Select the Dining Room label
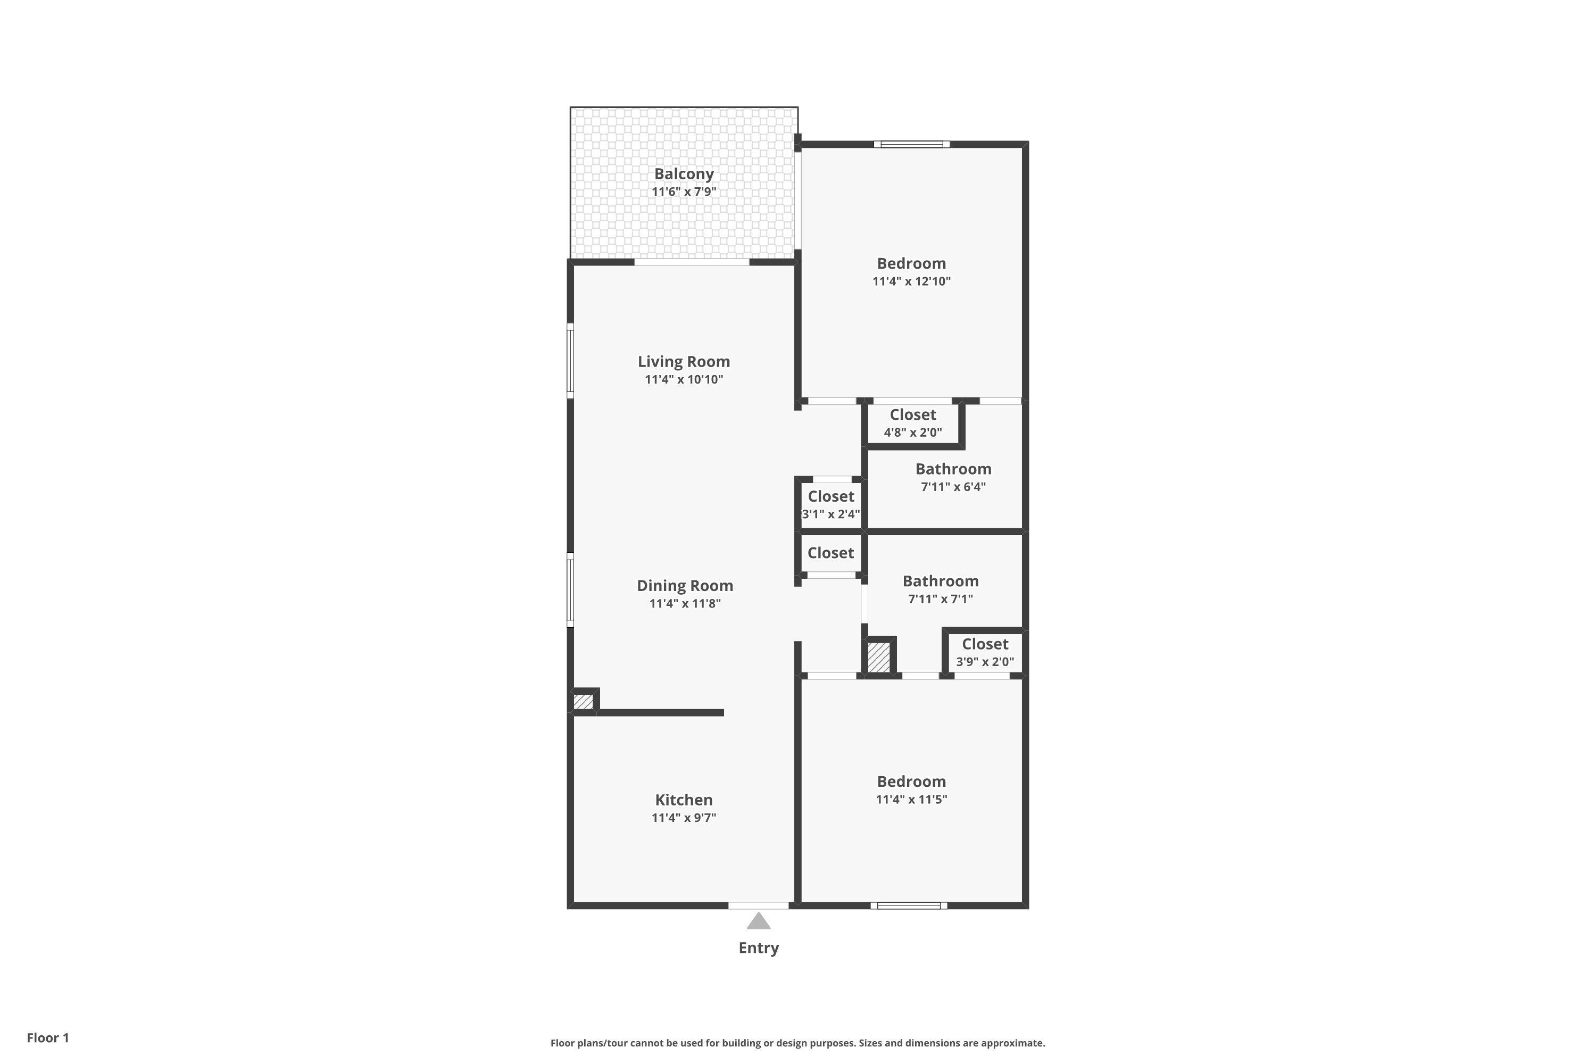coord(685,586)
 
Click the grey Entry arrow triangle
coord(759,921)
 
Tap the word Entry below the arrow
coord(759,948)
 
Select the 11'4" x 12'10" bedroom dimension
coord(911,281)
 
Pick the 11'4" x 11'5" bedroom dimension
coord(911,800)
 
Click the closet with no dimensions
coord(830,553)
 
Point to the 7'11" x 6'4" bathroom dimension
coord(953,487)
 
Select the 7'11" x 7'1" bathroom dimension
coord(940,599)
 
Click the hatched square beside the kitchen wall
coord(583,702)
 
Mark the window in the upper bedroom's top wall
coord(911,144)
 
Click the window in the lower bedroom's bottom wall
coord(909,905)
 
